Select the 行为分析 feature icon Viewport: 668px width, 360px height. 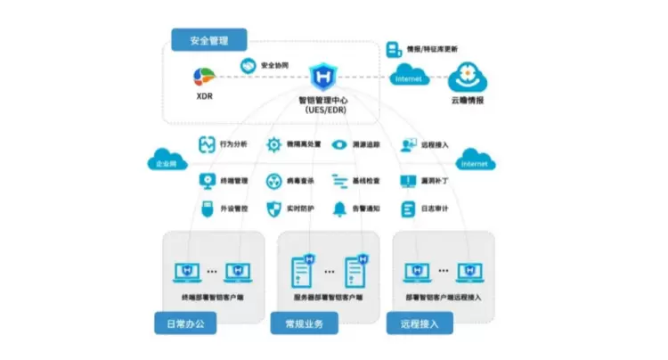pyautogui.click(x=206, y=144)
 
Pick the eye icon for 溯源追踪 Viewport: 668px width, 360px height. pyautogui.click(x=338, y=144)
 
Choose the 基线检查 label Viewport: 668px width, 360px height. pyautogui.click(x=367, y=180)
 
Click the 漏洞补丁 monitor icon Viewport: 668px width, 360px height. pyautogui.click(x=406, y=180)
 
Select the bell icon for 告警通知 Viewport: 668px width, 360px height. pyautogui.click(x=339, y=209)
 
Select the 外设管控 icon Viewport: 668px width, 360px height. pyautogui.click(x=206, y=209)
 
